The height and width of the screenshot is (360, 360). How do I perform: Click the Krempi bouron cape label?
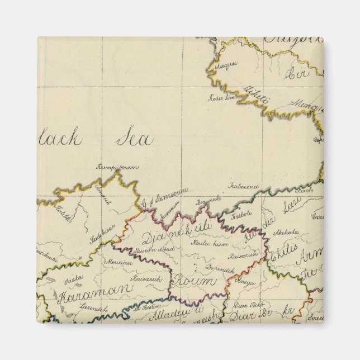click(117, 167)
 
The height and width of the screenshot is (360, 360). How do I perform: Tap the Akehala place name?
click(301, 233)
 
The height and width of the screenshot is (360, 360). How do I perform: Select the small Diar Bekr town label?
click(248, 305)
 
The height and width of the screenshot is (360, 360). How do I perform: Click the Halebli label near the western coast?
click(63, 214)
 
